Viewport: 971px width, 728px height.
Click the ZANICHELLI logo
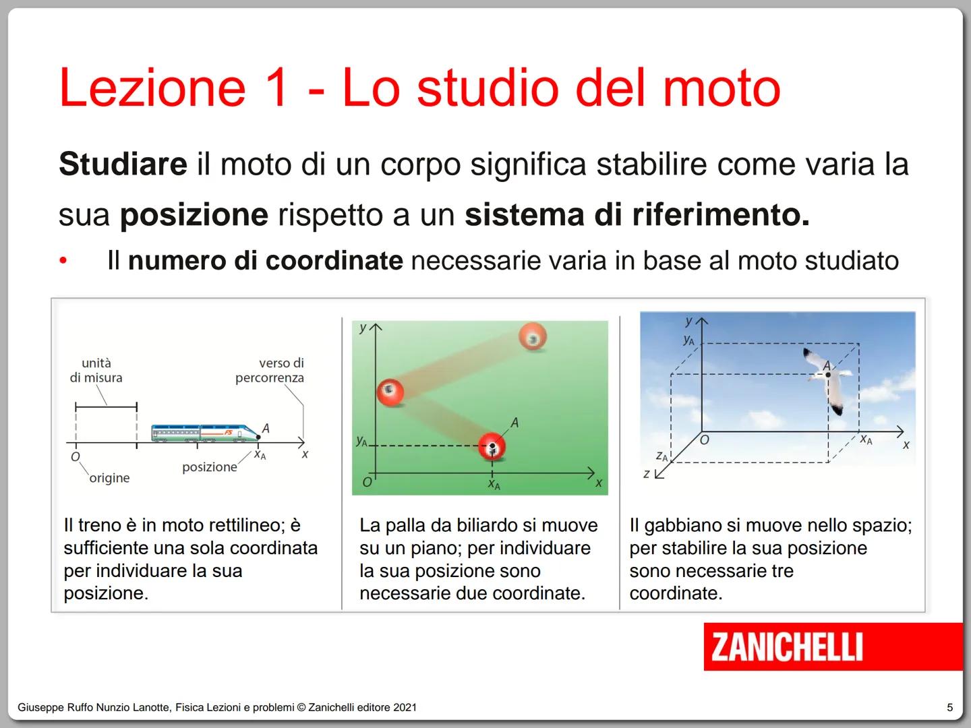787,646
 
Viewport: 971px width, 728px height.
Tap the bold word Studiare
123,164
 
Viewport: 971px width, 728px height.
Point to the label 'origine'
109,478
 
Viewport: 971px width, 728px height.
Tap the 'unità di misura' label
96,370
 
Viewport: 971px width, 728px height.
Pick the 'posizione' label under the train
209,467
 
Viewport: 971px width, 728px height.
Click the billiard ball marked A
492,446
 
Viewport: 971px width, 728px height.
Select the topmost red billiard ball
533,336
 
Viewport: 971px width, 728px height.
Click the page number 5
950,707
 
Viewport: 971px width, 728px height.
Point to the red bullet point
63,261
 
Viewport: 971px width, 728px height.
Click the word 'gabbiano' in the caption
691,525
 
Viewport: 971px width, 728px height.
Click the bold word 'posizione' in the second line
194,215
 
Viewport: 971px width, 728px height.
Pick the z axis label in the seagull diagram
646,474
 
